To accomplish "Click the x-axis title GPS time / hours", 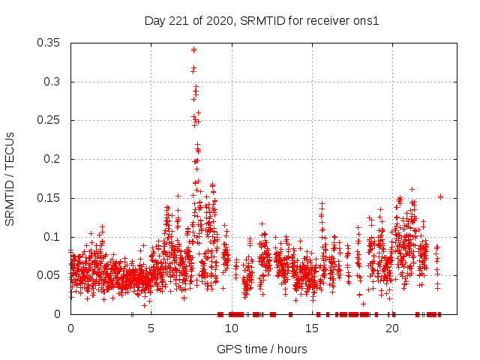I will [x=262, y=349].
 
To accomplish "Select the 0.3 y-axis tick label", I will [x=52, y=82].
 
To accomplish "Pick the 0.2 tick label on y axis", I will [x=52, y=159].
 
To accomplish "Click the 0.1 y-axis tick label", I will [x=52, y=237].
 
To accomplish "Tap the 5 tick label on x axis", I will [x=151, y=328].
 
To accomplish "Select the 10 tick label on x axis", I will [x=231, y=328].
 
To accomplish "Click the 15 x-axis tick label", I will [x=311, y=328].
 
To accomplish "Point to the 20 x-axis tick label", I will [x=391, y=328].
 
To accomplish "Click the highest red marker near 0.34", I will [x=193, y=49].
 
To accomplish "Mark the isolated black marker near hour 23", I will [x=441, y=196].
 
